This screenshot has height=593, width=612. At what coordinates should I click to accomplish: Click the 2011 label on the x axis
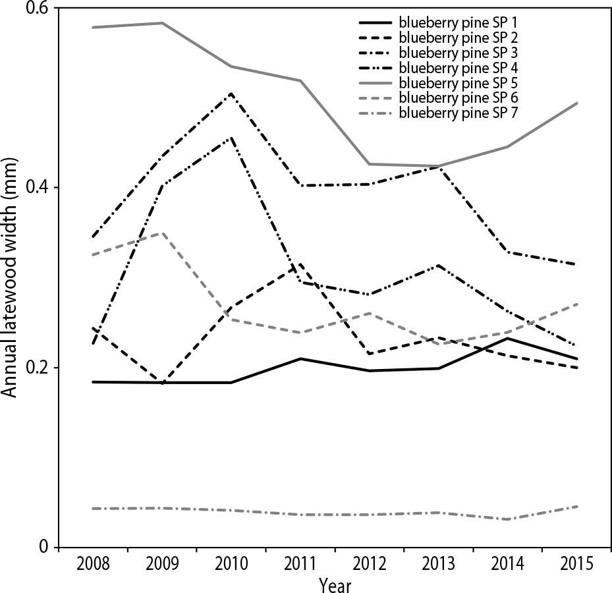(x=300, y=565)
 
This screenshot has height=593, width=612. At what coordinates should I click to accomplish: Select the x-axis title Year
(x=335, y=584)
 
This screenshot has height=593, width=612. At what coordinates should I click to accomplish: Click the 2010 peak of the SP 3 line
(x=231, y=94)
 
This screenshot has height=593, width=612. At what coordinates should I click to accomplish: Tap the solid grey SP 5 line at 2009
(x=162, y=23)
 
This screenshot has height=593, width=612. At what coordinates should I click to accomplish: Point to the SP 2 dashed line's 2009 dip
(x=162, y=382)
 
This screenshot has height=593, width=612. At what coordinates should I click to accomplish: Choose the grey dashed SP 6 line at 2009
(x=162, y=233)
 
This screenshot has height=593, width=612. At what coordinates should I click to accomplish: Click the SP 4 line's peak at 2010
(x=231, y=138)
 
